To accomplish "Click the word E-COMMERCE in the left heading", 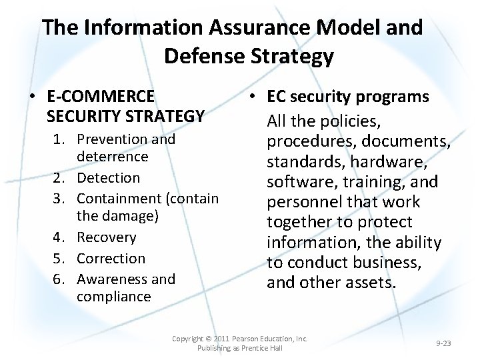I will (x=101, y=97).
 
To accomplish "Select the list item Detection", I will (x=109, y=178).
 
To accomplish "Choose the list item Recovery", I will (x=107, y=237).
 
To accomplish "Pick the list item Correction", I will (x=111, y=258).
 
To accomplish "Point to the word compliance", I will (x=113, y=296).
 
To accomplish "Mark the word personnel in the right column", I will (x=307, y=202).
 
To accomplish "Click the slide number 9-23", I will (x=443, y=343).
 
